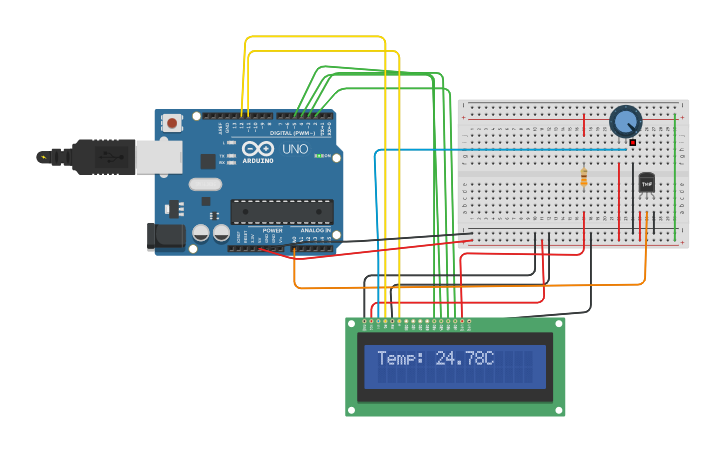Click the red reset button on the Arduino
click(172, 123)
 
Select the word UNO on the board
click(295, 149)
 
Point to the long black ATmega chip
click(281, 211)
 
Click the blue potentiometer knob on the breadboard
click(625, 122)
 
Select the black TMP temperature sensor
click(646, 183)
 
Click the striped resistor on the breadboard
click(584, 177)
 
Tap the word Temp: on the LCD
click(401, 357)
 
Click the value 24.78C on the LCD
click(465, 357)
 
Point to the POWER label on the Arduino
click(272, 231)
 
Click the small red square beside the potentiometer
click(632, 143)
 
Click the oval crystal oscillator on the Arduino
click(204, 183)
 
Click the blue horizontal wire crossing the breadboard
click(500, 150)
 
